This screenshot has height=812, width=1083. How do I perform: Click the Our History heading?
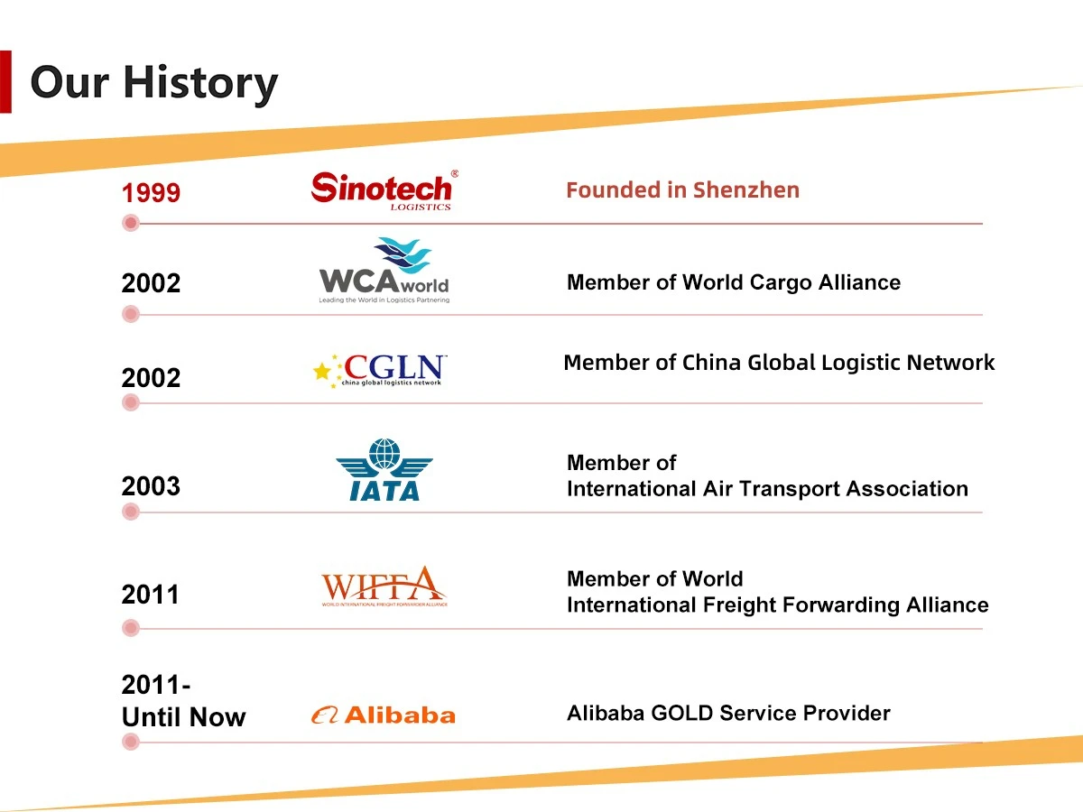(x=153, y=82)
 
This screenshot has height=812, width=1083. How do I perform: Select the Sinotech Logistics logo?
(x=383, y=189)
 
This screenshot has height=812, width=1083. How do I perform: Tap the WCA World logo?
(x=384, y=271)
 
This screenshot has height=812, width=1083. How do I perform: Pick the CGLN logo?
(x=379, y=370)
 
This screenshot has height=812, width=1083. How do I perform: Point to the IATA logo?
(x=384, y=470)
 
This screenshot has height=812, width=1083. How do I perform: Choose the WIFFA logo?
(x=384, y=586)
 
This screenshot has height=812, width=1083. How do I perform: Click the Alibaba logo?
(x=383, y=715)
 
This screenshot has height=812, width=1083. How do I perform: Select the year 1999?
(x=151, y=193)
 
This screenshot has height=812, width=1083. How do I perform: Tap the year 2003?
(x=151, y=486)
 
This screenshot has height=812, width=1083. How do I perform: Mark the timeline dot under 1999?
(x=131, y=223)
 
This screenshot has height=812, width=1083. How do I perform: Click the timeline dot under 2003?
(x=131, y=512)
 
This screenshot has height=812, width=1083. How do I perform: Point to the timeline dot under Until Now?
(x=131, y=742)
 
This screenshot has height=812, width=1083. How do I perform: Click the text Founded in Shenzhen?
(x=682, y=190)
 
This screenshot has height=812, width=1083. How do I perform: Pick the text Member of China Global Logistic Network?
(x=779, y=363)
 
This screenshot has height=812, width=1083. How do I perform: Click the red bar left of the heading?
(x=5, y=82)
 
